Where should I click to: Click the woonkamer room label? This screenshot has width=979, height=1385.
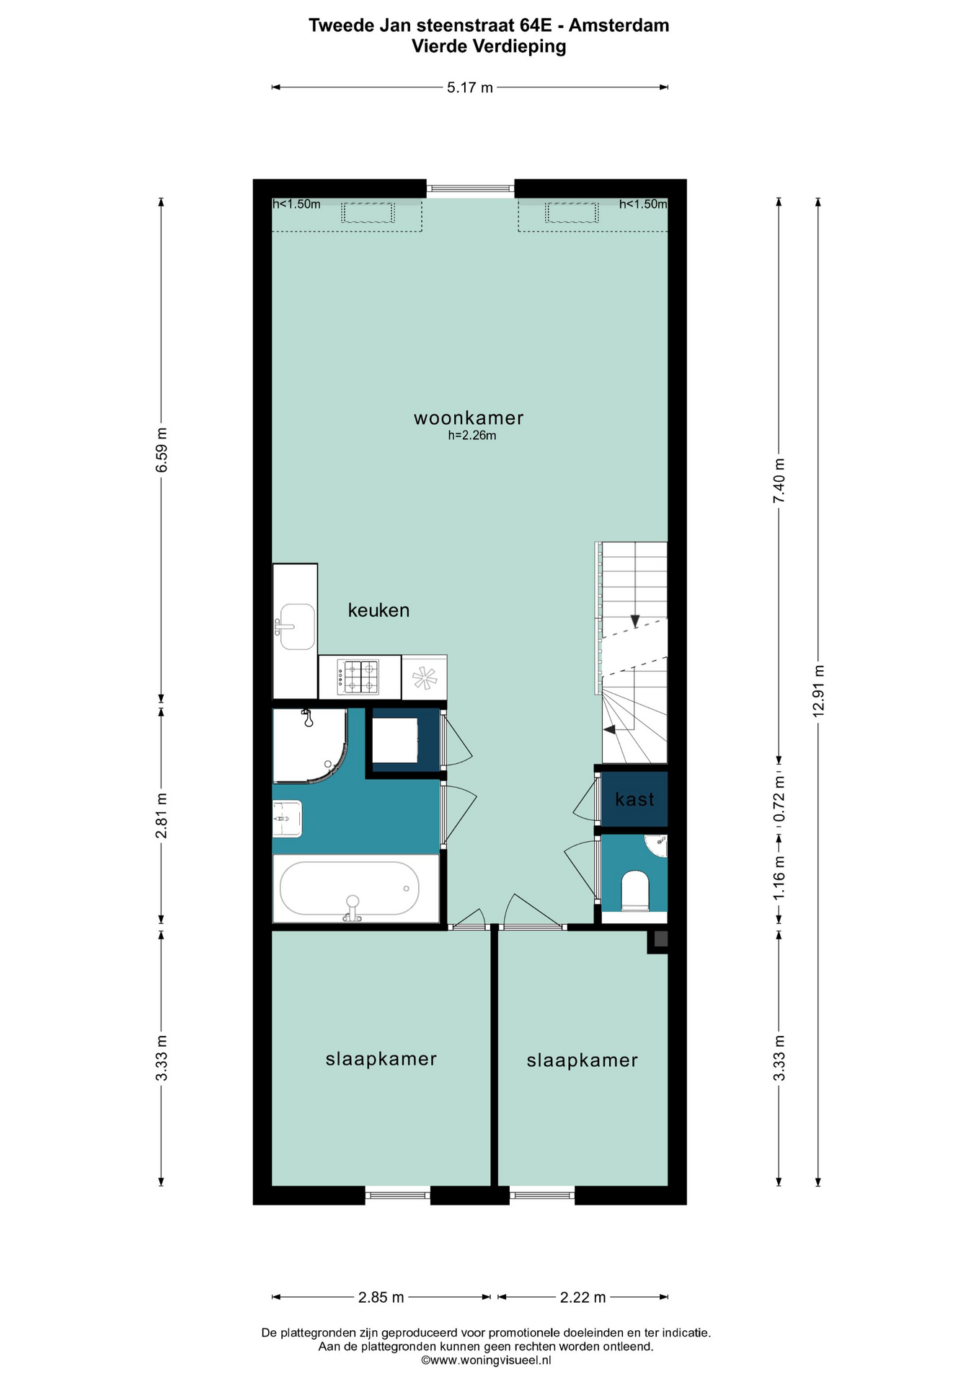(469, 418)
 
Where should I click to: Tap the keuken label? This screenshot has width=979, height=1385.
(378, 610)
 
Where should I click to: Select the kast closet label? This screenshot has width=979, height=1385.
(635, 799)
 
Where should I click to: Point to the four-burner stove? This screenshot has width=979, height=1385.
(358, 677)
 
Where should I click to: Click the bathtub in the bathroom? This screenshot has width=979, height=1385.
(350, 889)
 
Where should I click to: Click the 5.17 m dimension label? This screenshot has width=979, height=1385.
(470, 88)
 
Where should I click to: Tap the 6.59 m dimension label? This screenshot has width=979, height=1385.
(161, 450)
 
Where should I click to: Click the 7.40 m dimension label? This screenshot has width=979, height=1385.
(779, 481)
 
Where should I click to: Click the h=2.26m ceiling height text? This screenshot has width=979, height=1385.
(472, 436)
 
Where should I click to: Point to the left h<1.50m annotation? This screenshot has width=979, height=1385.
(296, 204)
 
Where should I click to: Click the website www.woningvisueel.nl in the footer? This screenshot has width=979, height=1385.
(486, 1360)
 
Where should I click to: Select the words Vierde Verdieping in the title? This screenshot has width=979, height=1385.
(489, 47)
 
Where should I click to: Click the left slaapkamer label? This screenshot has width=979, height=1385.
(381, 1059)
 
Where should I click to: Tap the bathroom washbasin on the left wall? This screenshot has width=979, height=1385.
(287, 819)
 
